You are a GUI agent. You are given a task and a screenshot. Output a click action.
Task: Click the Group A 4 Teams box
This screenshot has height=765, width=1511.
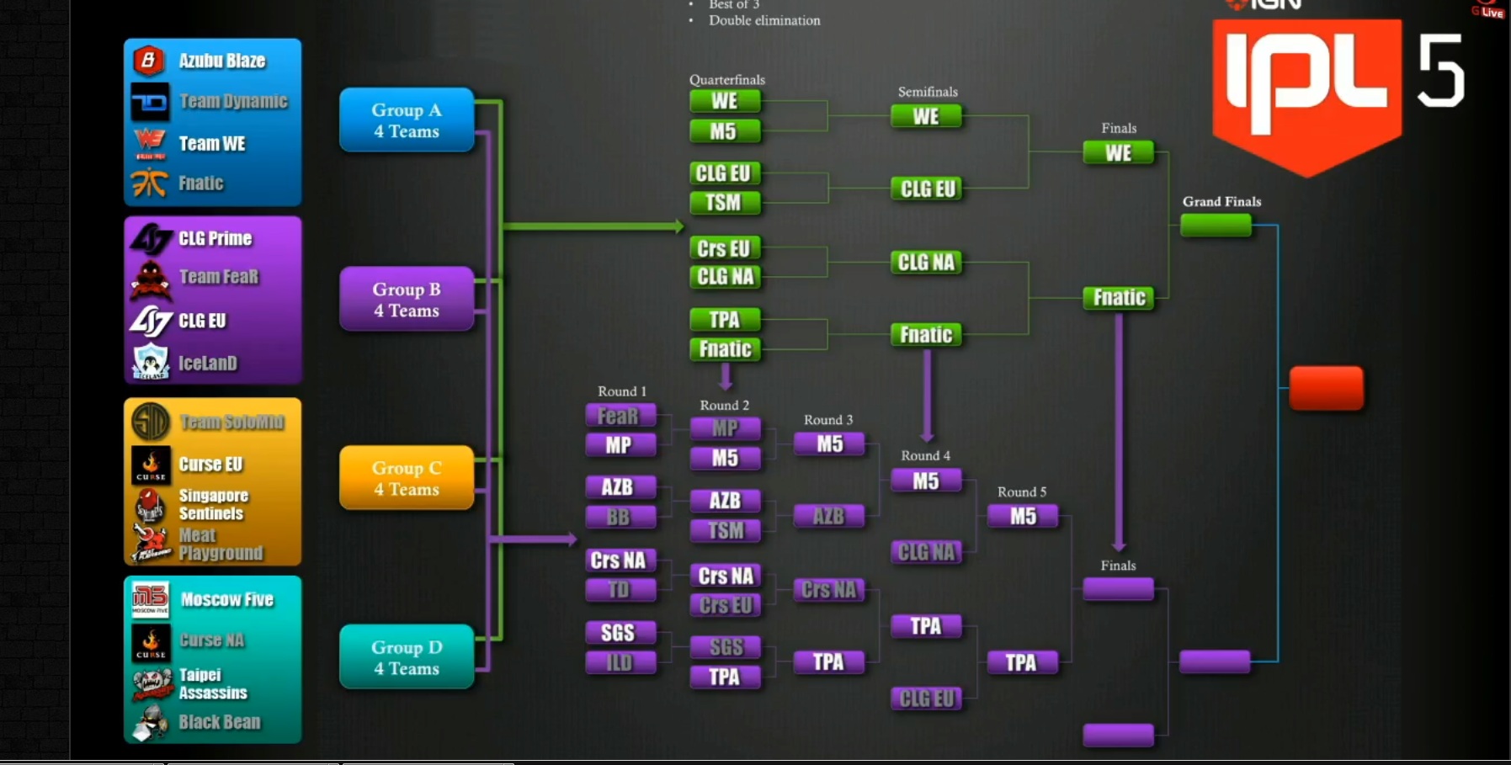tap(407, 120)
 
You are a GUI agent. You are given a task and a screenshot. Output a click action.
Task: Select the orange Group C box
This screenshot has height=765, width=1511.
tap(407, 478)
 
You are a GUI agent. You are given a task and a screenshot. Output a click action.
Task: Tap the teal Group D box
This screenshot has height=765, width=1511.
tap(407, 657)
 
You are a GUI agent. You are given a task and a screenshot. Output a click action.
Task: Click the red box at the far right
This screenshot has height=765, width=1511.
tap(1326, 388)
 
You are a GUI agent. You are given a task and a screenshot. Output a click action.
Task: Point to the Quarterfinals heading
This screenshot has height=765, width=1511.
tap(727, 80)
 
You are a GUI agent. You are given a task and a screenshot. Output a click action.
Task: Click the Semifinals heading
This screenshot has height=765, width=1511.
tap(928, 92)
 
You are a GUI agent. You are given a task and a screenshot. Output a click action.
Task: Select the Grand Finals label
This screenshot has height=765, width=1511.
tap(1221, 201)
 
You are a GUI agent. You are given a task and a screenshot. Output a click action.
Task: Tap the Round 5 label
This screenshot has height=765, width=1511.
tap(1022, 491)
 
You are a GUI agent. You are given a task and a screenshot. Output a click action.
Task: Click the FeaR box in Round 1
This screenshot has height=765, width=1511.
tap(620, 416)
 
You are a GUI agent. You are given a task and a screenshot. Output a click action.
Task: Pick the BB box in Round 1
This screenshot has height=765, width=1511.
tap(620, 517)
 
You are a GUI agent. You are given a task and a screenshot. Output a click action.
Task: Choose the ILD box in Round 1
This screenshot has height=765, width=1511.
tap(620, 662)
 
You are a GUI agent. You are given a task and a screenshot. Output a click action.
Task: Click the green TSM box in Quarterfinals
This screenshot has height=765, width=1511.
tap(724, 203)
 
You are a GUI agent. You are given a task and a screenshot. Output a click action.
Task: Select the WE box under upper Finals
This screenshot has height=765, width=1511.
tap(1118, 153)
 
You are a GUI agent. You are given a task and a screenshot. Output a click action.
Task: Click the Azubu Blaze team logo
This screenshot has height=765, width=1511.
tap(149, 61)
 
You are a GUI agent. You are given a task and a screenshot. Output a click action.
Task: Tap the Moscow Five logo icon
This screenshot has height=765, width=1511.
tap(150, 599)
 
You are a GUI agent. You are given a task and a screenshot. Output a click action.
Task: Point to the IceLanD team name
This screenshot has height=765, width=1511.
tap(208, 363)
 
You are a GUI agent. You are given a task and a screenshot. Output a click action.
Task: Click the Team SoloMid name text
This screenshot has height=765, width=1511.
tap(231, 422)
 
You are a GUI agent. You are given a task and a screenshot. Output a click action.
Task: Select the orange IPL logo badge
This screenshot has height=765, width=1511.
tap(1306, 93)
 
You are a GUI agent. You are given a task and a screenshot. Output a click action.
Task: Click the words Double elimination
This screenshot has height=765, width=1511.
tap(764, 20)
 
